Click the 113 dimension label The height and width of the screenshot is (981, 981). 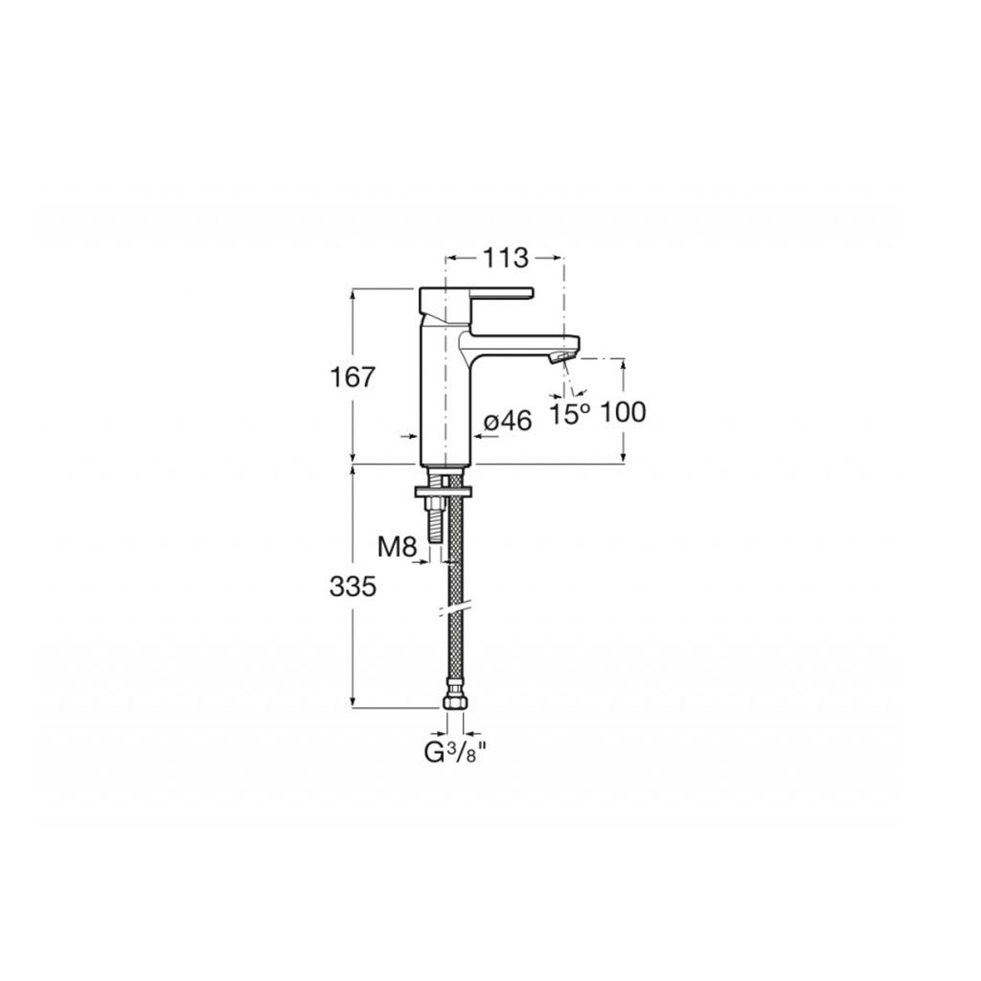pos(505,257)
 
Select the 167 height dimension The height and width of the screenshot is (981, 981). pos(352,377)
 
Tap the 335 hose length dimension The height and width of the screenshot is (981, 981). pos(353,587)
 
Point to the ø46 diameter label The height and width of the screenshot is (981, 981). pos(508,422)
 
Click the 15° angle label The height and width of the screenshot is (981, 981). pos(570,414)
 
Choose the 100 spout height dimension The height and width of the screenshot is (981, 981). pos(623,412)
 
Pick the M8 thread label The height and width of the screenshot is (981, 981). pos(398,548)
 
